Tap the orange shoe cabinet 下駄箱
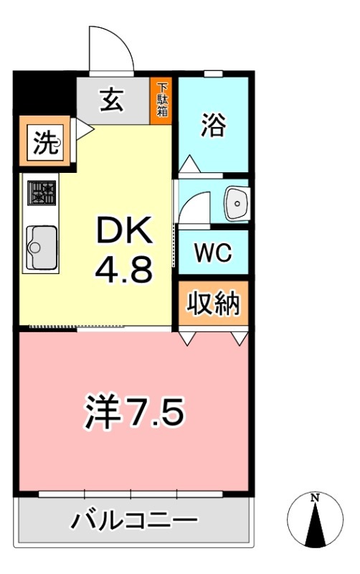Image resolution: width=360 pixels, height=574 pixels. pyautogui.click(x=162, y=99)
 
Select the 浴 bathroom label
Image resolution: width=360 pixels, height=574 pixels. pyautogui.click(x=212, y=126)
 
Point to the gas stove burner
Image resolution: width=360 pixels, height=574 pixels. pyautogui.click(x=41, y=193)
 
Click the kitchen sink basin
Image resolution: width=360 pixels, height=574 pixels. pyautogui.click(x=42, y=248)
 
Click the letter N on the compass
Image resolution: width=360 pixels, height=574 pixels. pyautogui.click(x=314, y=497)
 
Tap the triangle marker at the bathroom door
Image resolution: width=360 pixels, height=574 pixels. pyautogui.click(x=188, y=164)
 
